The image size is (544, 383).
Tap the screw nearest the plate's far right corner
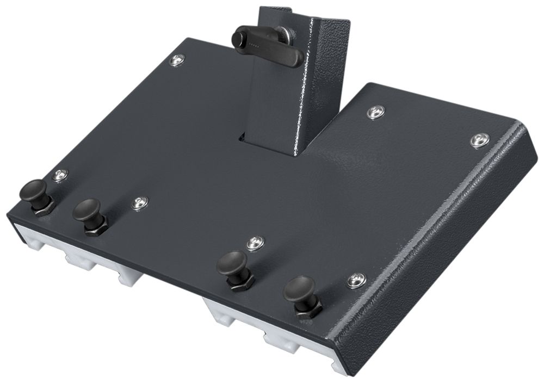[x=479, y=140]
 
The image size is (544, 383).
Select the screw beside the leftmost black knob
[x=59, y=175]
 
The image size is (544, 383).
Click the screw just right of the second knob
[x=139, y=203]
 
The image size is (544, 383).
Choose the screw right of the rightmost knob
[x=356, y=280]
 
